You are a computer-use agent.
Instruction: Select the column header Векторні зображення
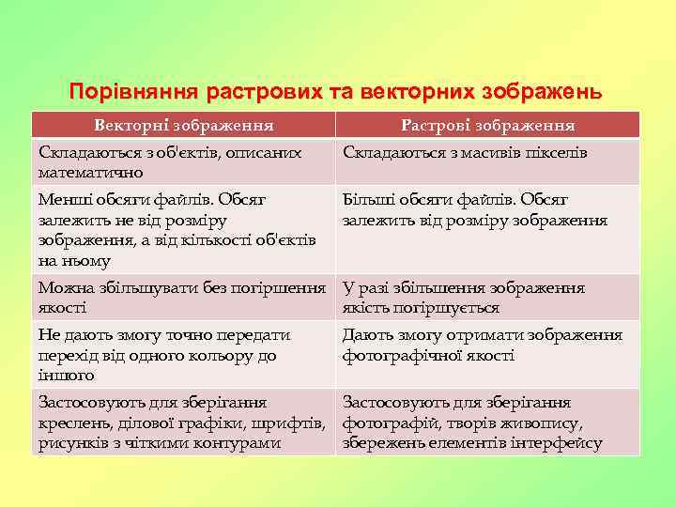click(183, 125)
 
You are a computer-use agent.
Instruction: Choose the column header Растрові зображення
click(488, 125)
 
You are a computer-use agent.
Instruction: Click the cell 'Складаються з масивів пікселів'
click(466, 152)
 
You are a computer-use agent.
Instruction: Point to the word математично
click(91, 172)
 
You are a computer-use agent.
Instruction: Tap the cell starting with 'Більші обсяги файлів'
click(475, 210)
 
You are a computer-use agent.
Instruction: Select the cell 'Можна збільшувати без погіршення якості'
click(182, 298)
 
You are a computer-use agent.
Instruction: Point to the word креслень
click(69, 422)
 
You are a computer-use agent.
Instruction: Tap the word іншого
click(67, 376)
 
